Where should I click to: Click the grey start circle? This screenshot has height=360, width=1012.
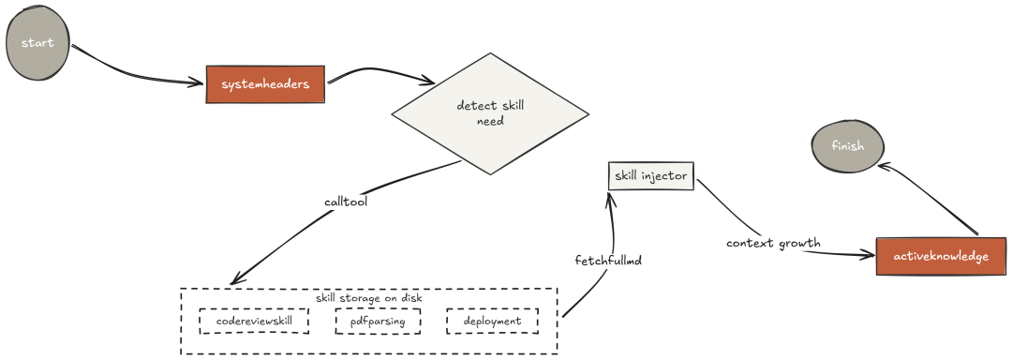tap(38, 43)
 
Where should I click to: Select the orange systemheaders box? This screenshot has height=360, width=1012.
tap(265, 84)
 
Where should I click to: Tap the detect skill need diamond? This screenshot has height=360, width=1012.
tap(490, 113)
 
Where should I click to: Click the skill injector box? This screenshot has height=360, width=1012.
tap(650, 175)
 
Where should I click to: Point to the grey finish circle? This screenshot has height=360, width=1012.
tap(847, 145)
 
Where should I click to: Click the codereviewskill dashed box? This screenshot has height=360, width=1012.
tap(253, 321)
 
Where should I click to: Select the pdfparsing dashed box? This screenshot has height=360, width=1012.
tap(378, 321)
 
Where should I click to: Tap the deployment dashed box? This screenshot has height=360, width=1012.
tap(492, 321)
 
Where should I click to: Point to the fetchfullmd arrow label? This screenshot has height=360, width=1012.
tap(608, 259)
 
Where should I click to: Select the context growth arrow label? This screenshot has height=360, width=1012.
tap(773, 243)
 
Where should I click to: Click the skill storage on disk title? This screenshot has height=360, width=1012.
tap(368, 298)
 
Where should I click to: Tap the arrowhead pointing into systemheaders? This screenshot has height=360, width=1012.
tap(199, 85)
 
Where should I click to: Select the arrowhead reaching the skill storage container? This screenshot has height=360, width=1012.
tap(234, 281)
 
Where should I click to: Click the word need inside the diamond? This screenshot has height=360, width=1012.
tap(490, 121)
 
